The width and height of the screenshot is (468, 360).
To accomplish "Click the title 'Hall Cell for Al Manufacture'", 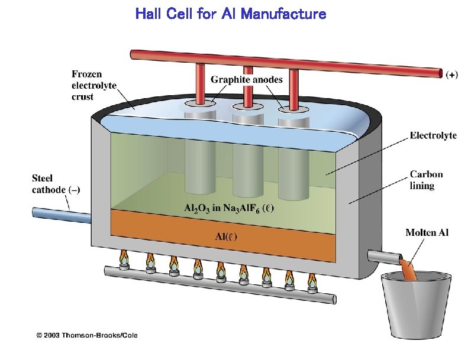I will pyautogui.click(x=231, y=14).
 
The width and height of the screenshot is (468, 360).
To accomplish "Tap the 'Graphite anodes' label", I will pyautogui.click(x=247, y=79).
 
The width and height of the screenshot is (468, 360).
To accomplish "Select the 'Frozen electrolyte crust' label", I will pyautogui.click(x=94, y=85).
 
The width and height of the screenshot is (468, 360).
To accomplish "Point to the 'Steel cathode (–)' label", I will pyautogui.click(x=56, y=183).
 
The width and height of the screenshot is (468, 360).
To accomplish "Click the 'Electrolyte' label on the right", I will pyautogui.click(x=433, y=135).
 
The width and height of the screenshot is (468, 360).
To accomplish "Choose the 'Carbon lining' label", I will pyautogui.click(x=426, y=180).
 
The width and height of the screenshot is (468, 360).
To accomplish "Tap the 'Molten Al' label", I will pyautogui.click(x=427, y=232).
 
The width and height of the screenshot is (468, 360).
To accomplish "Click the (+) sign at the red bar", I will pyautogui.click(x=451, y=74).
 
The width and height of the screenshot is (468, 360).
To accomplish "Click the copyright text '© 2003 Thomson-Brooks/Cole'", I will pyautogui.click(x=87, y=335).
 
